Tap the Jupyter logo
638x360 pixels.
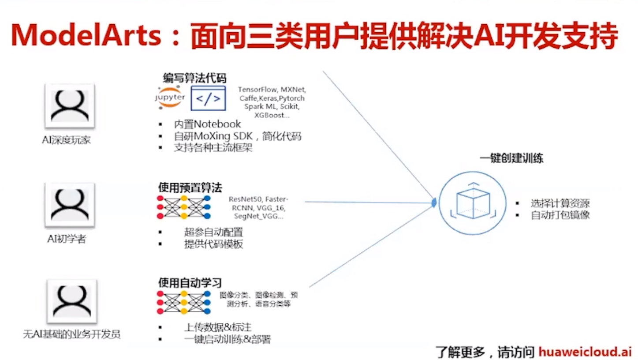coord(170,97)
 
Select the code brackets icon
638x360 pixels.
coord(208,98)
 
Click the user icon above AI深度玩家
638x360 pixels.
coord(70,106)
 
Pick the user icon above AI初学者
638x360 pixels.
coord(70,205)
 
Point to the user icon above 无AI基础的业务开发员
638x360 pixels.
coord(72,302)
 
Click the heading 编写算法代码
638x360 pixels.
coord(194,79)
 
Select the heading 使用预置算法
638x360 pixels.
coord(190,187)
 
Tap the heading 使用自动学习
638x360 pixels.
coord(190,282)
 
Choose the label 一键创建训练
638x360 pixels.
coord(511,158)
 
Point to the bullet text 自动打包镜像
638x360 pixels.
coord(560,215)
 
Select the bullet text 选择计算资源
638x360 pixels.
coord(560,203)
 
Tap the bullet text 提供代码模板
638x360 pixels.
coord(213,244)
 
